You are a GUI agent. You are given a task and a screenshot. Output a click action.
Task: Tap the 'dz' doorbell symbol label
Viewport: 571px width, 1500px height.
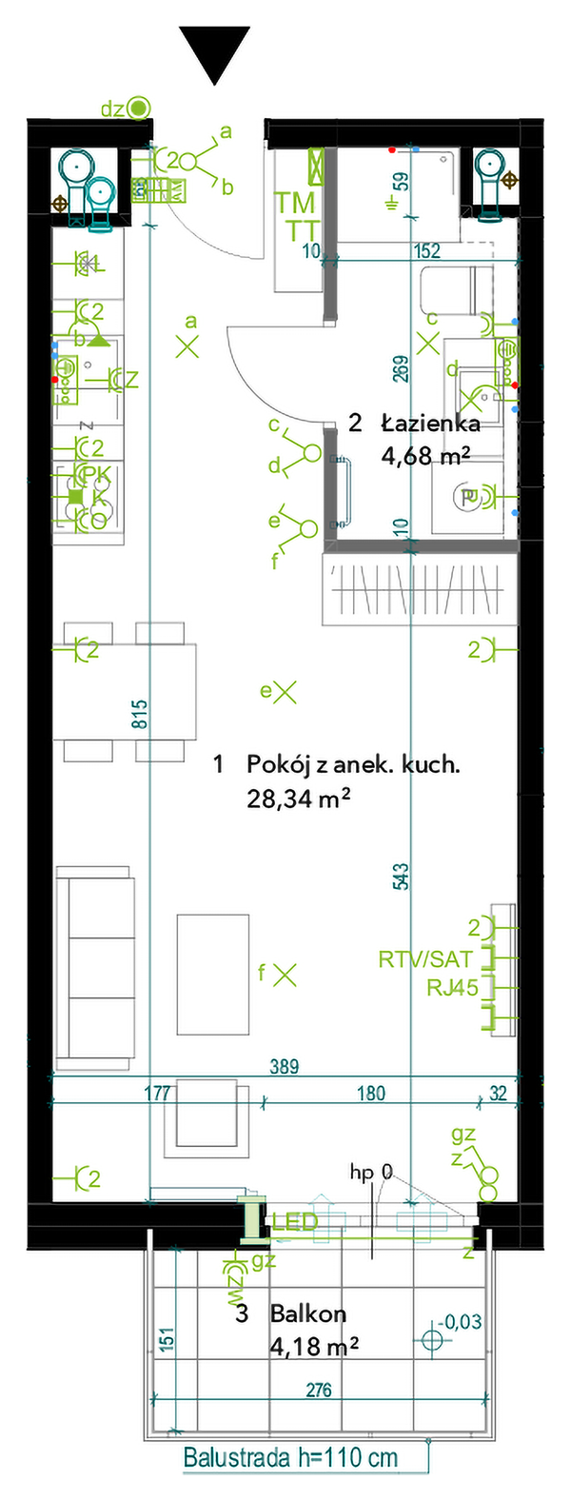click(x=112, y=109)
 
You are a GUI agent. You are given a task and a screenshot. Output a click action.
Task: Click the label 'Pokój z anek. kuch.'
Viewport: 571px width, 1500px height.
click(x=353, y=764)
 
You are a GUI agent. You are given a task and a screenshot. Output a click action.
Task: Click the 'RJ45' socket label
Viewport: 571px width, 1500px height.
click(x=452, y=988)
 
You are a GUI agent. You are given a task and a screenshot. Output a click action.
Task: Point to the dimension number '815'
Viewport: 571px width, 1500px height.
click(x=140, y=715)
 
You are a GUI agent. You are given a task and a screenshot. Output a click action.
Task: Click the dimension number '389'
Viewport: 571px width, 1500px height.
click(x=284, y=1067)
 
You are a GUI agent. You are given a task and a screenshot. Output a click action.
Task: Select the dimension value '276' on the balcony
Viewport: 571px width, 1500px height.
click(x=319, y=1391)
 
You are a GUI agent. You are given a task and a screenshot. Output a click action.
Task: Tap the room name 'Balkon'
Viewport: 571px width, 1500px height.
click(x=308, y=1314)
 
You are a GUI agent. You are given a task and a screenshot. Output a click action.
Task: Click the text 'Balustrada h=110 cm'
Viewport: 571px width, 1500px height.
click(x=290, y=1458)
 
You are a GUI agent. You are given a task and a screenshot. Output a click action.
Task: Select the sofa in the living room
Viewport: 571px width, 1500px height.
click(x=95, y=967)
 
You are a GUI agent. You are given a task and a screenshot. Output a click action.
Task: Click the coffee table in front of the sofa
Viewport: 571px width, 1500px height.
click(x=213, y=975)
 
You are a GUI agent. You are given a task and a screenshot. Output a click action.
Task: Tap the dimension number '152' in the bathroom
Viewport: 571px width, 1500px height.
click(x=428, y=251)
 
